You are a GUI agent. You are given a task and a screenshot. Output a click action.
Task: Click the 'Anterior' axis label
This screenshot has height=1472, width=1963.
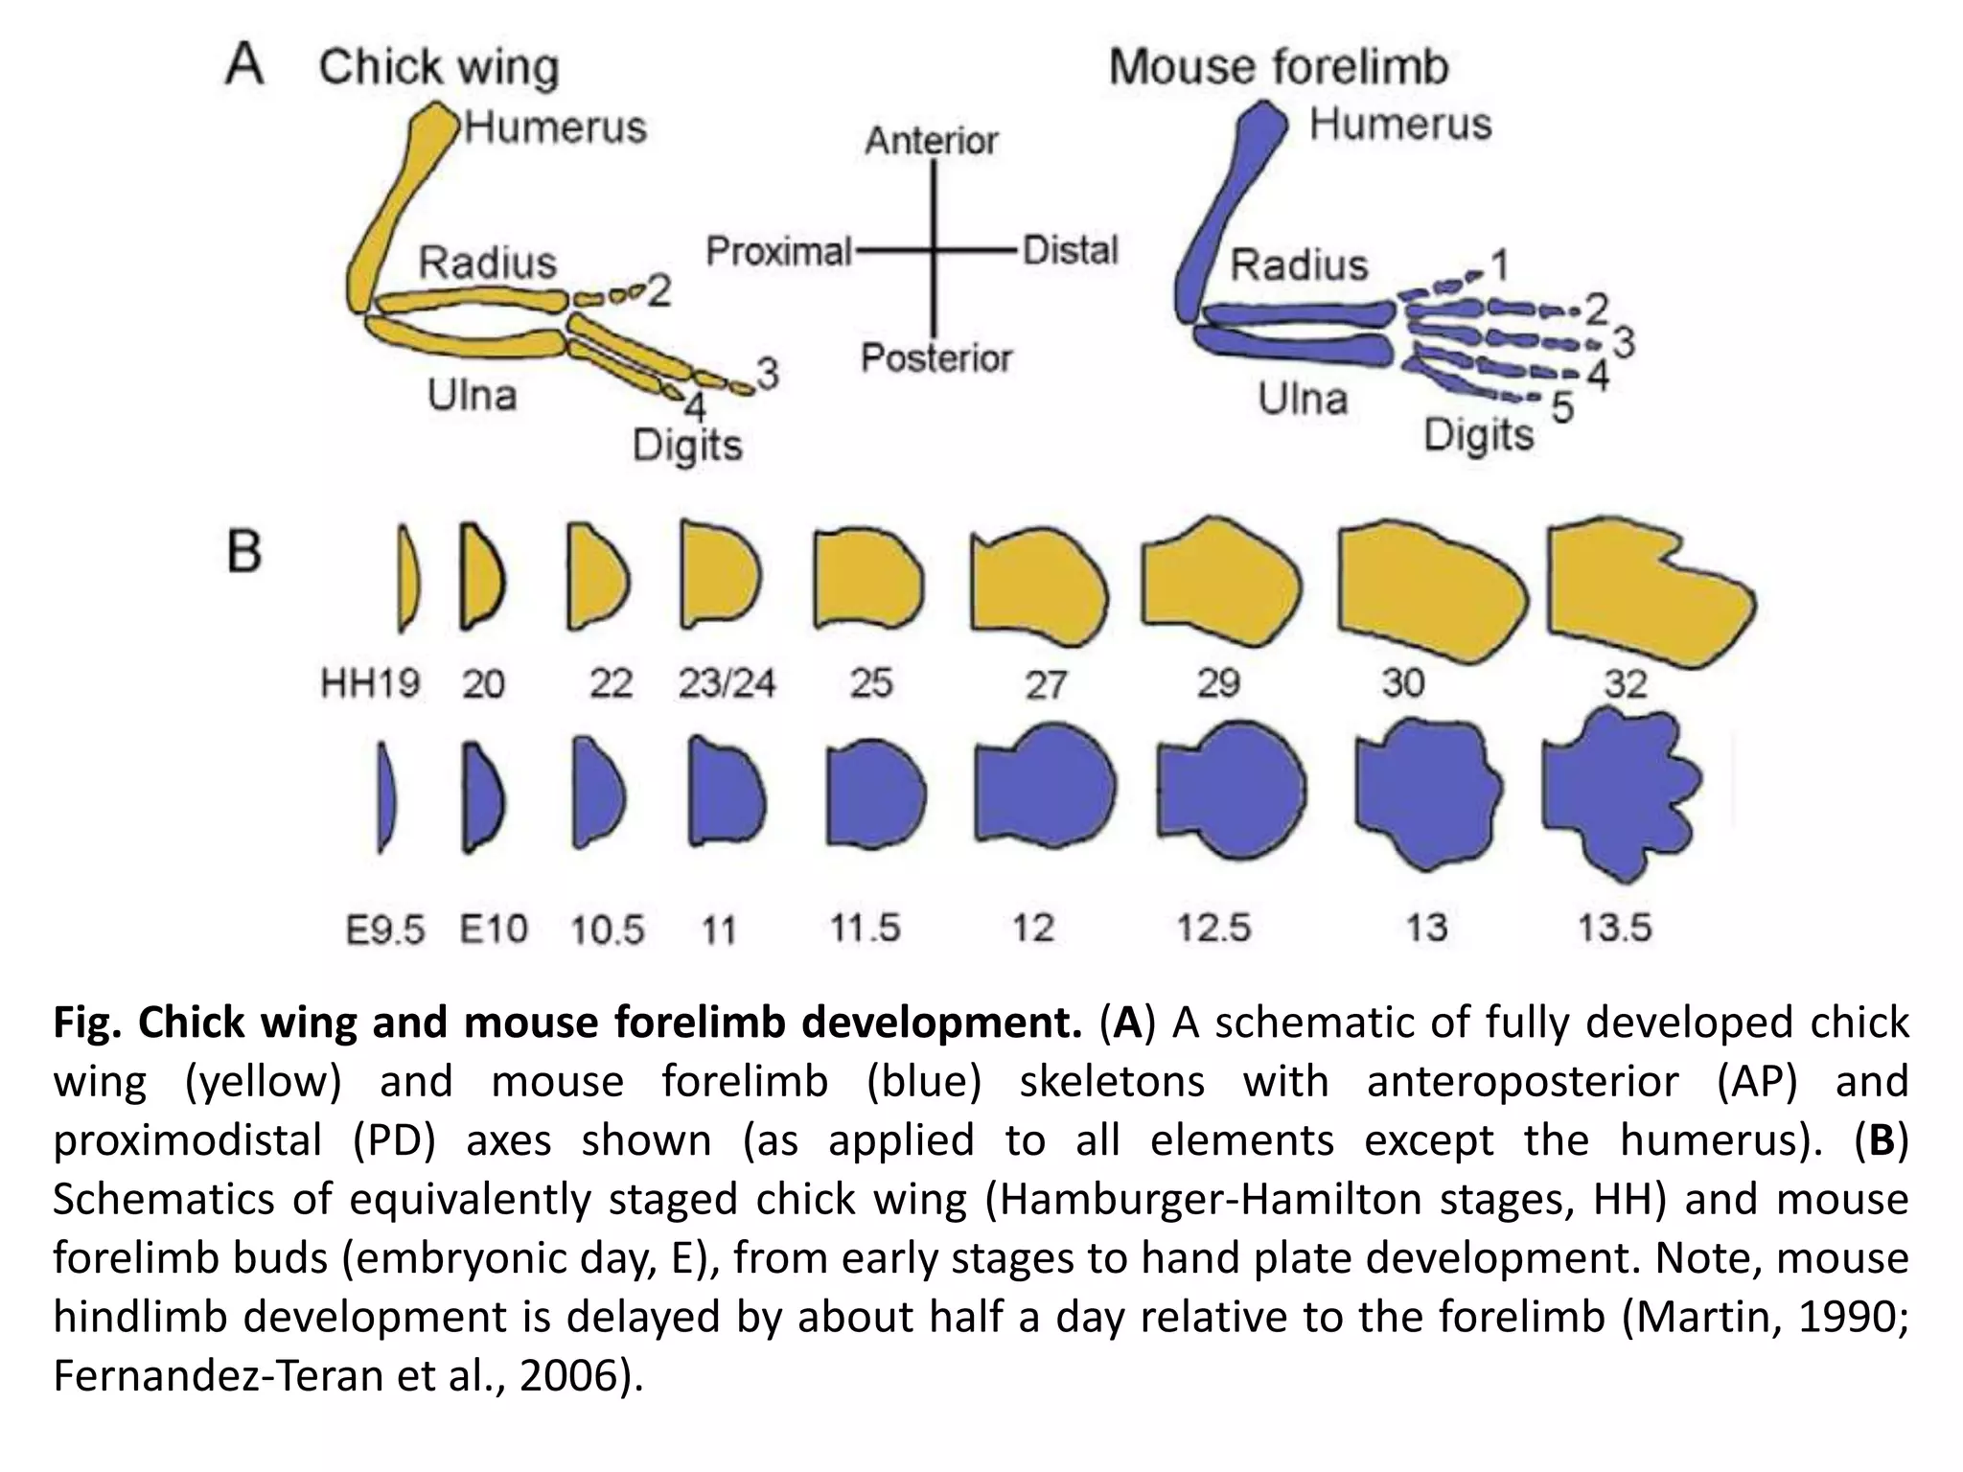(x=932, y=141)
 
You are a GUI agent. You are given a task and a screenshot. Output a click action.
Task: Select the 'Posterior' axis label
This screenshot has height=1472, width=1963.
(x=935, y=358)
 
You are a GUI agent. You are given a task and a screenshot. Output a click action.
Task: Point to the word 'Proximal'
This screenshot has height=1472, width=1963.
(x=778, y=252)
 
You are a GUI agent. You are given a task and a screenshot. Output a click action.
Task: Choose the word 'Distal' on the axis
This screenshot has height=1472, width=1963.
(x=1070, y=251)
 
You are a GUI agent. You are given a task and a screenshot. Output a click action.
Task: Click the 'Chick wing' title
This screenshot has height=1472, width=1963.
(x=439, y=67)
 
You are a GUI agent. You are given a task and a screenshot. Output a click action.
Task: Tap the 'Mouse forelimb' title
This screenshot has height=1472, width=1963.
(x=1279, y=67)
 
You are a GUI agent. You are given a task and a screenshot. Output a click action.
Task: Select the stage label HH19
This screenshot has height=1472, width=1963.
(x=370, y=684)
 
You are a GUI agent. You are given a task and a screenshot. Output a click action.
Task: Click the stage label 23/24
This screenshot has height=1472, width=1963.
(x=727, y=683)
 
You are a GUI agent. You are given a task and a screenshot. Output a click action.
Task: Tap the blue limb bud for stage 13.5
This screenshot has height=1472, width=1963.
(x=1620, y=795)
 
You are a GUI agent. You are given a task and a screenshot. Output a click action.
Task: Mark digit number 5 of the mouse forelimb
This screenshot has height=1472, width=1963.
(x=1562, y=408)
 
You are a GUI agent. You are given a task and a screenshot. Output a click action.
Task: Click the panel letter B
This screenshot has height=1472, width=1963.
(x=244, y=552)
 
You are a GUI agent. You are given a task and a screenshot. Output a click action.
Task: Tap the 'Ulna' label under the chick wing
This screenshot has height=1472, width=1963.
(x=472, y=395)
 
